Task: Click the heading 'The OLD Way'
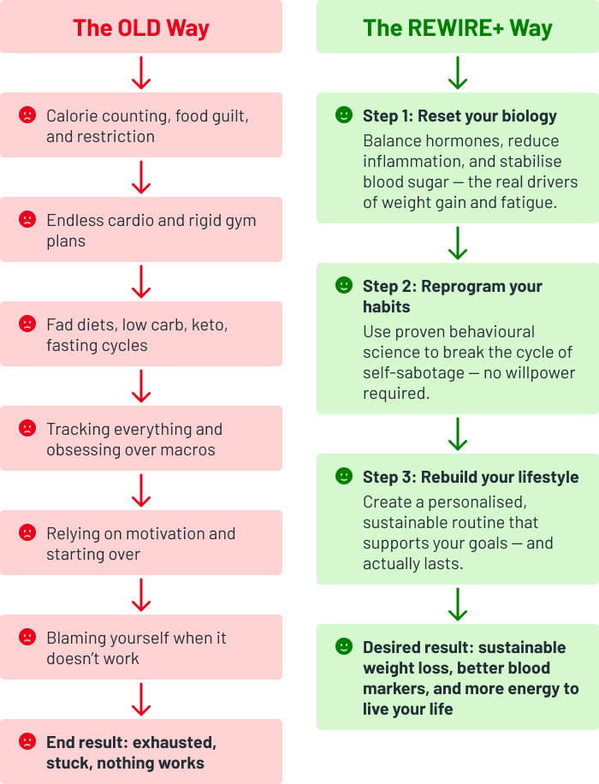tap(141, 27)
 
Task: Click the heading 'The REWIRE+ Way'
tap(458, 27)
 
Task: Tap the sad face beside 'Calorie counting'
tap(27, 115)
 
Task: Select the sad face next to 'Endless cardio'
tap(27, 219)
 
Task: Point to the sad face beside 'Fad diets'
tap(27, 324)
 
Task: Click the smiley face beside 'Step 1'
tap(344, 115)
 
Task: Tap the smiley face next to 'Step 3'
tap(344, 476)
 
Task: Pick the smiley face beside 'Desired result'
tap(344, 646)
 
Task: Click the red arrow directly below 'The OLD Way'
tap(141, 73)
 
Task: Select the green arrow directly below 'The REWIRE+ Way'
tap(458, 73)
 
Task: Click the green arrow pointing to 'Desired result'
tap(458, 604)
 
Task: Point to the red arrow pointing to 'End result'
tap(141, 699)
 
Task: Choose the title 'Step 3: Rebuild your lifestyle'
tap(471, 477)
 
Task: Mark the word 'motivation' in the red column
tap(151, 534)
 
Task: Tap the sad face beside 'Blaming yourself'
tap(27, 637)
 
